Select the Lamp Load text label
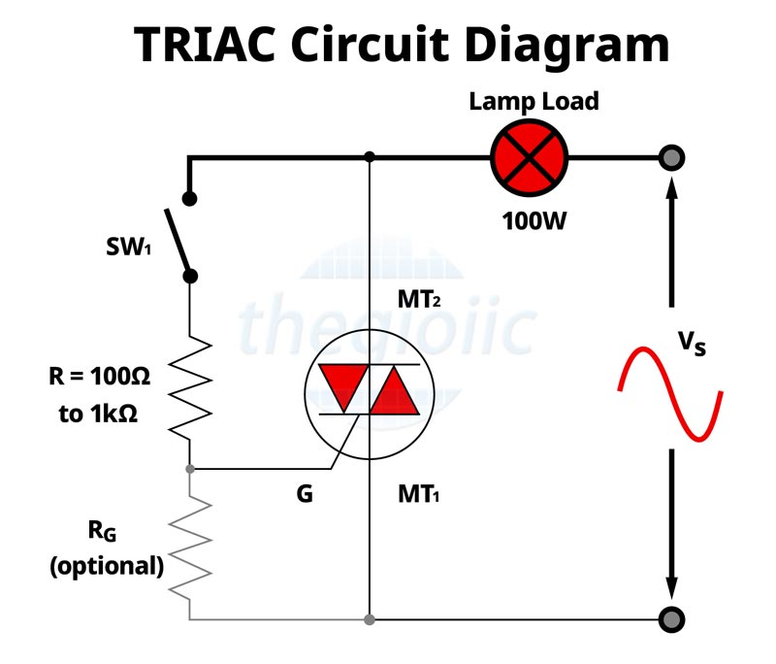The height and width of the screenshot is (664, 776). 533,101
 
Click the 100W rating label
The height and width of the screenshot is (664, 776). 533,220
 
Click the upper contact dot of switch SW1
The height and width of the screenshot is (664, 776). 191,199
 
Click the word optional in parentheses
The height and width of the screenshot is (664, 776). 107,566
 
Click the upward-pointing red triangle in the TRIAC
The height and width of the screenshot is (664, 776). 396,388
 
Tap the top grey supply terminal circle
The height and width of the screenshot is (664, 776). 670,157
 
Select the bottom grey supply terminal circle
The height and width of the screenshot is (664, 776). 670,618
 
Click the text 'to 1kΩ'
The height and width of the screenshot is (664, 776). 98,414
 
